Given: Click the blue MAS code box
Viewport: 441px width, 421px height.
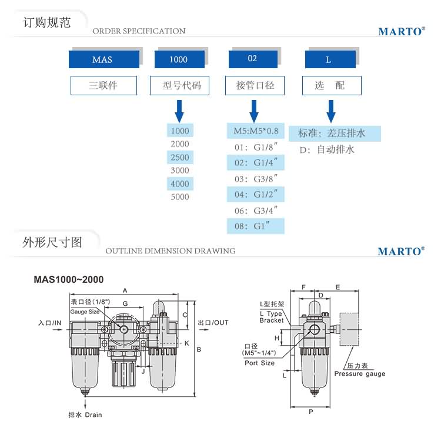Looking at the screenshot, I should (x=104, y=59).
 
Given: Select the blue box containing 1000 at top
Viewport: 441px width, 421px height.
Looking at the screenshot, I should (x=179, y=59).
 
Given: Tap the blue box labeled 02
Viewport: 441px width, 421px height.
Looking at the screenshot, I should (x=252, y=59).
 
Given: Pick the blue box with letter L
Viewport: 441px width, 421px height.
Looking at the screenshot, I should (x=330, y=59).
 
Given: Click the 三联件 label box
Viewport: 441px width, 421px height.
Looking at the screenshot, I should (x=103, y=85).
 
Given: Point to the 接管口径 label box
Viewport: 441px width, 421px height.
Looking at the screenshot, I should (x=255, y=85).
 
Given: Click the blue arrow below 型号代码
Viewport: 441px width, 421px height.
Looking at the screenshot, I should (x=179, y=110).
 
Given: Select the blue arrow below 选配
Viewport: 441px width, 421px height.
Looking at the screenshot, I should (x=331, y=110).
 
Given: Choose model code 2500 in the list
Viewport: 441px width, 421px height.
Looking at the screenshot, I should (x=179, y=158).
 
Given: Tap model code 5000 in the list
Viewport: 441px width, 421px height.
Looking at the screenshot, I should (x=179, y=197).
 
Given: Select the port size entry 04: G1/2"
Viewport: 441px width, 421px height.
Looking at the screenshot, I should (x=256, y=193).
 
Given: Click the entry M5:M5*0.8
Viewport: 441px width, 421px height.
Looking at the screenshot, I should (x=256, y=131).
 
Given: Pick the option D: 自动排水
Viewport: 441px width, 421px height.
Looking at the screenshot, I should (x=327, y=150).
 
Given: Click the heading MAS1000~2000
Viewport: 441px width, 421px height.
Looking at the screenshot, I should (x=68, y=280).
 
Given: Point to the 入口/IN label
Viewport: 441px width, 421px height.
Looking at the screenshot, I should (x=49, y=323).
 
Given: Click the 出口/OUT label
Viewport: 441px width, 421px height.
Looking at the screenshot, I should (x=213, y=323).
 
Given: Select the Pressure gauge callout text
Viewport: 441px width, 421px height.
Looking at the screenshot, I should (x=360, y=373).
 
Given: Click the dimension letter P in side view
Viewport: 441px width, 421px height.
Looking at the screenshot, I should (x=310, y=412).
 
